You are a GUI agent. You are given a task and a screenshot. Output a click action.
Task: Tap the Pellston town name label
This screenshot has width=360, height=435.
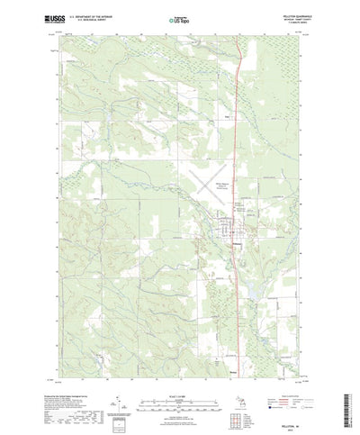point(236,240)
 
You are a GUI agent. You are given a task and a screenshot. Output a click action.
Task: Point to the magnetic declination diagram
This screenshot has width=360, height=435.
point(121,394)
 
